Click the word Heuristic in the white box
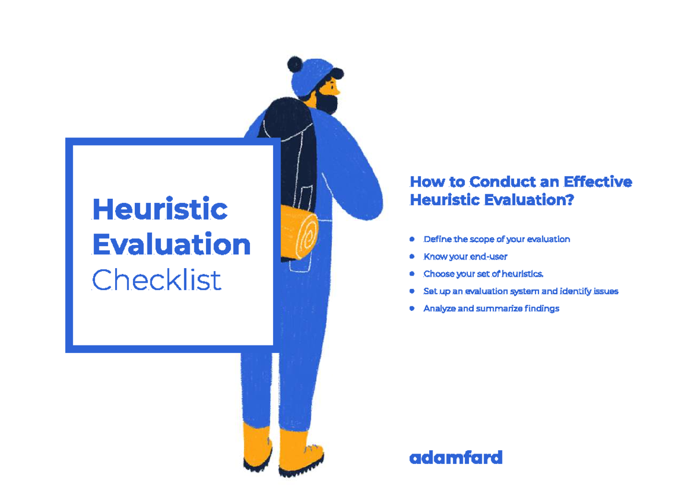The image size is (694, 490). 160,209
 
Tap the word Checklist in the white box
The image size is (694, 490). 157,281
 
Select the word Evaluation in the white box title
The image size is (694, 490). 171,245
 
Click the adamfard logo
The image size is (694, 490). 456,458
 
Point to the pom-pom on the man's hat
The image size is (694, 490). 295,65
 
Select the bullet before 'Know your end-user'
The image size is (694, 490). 412,256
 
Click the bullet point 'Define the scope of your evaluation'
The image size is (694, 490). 496,239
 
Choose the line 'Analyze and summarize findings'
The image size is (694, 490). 491,309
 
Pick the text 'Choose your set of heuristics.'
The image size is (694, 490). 483,274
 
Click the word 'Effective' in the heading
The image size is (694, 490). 598,182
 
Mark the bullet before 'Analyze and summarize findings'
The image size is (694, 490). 412,308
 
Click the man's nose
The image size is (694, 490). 338,91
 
